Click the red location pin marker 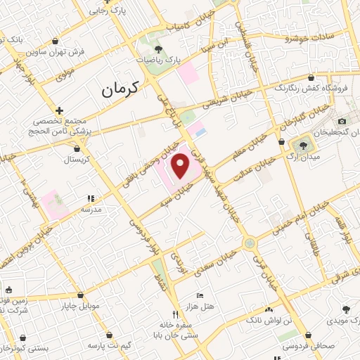pyautogui.click(x=181, y=167)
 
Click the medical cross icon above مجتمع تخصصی pyautogui.click(x=60, y=110)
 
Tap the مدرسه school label pyautogui.click(x=92, y=210)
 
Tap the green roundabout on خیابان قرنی pyautogui.click(x=249, y=243)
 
